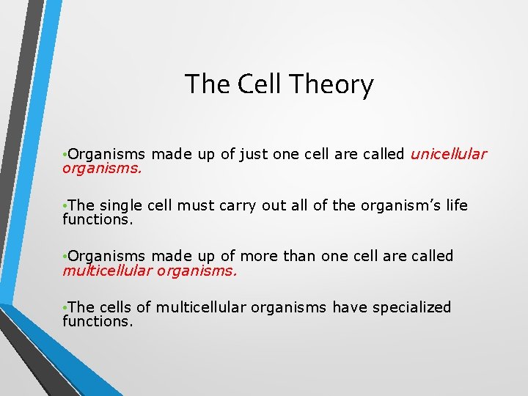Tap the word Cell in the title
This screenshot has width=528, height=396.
tap(260, 84)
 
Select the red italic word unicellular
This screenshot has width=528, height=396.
tap(448, 154)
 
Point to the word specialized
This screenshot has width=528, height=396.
tap(411, 307)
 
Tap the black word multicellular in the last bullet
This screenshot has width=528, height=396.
tap(201, 307)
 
